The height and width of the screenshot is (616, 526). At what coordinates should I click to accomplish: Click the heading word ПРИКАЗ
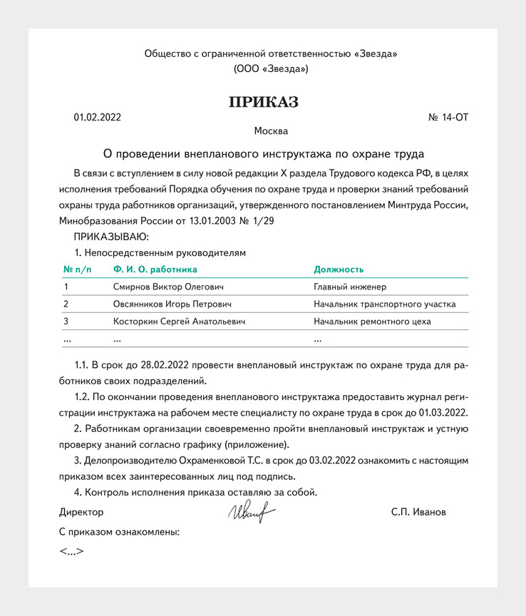point(263,102)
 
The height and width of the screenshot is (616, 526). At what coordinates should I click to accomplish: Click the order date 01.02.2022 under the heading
point(97,117)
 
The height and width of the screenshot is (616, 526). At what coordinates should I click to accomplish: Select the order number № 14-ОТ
point(448,117)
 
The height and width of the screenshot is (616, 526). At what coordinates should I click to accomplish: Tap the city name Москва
point(271,131)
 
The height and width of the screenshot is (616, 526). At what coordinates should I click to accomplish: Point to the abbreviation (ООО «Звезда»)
point(270,69)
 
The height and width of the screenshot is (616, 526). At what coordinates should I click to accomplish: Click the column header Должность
point(339,269)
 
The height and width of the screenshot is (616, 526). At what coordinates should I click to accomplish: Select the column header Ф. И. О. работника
point(155,269)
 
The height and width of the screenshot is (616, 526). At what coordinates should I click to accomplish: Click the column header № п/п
point(78,269)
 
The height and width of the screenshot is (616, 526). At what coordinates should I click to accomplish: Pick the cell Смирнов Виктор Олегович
point(168,287)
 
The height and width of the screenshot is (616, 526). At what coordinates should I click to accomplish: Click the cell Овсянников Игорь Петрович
point(172,304)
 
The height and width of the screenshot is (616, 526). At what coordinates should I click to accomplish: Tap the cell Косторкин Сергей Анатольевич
point(180,322)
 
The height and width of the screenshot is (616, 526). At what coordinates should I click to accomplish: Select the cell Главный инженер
point(350,287)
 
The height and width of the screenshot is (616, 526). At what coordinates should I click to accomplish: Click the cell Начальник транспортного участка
point(385,304)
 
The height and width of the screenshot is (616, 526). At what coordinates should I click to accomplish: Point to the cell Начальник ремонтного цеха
point(372,322)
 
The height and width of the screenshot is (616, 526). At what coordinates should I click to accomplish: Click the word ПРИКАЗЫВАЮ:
point(111,236)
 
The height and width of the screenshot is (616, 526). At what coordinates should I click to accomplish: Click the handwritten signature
point(251,511)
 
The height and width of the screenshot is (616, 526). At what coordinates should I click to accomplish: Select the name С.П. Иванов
point(418,512)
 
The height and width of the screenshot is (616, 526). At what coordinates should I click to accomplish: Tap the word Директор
point(81,512)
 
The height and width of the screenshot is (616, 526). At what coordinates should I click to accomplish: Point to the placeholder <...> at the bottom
point(72,551)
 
